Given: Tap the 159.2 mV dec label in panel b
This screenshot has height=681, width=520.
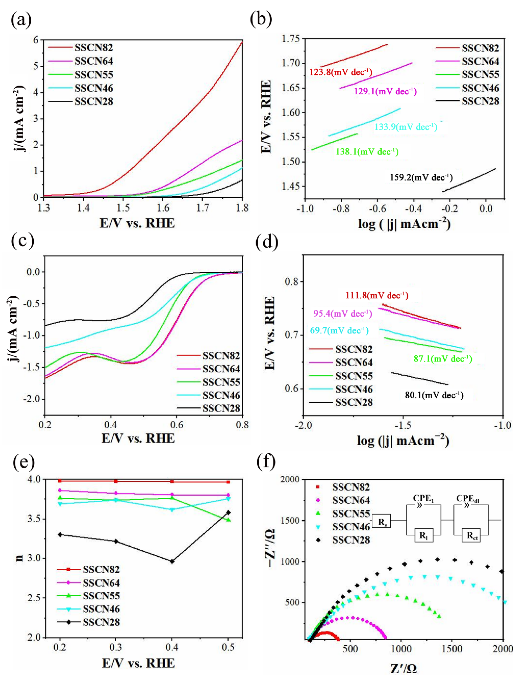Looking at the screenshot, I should pos(421,178).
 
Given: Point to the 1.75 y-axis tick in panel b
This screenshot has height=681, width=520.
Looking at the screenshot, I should pos(291,39).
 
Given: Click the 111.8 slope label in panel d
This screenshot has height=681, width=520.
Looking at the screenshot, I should pos(377,295).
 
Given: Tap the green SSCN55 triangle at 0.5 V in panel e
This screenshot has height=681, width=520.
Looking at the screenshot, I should pos(228,520).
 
